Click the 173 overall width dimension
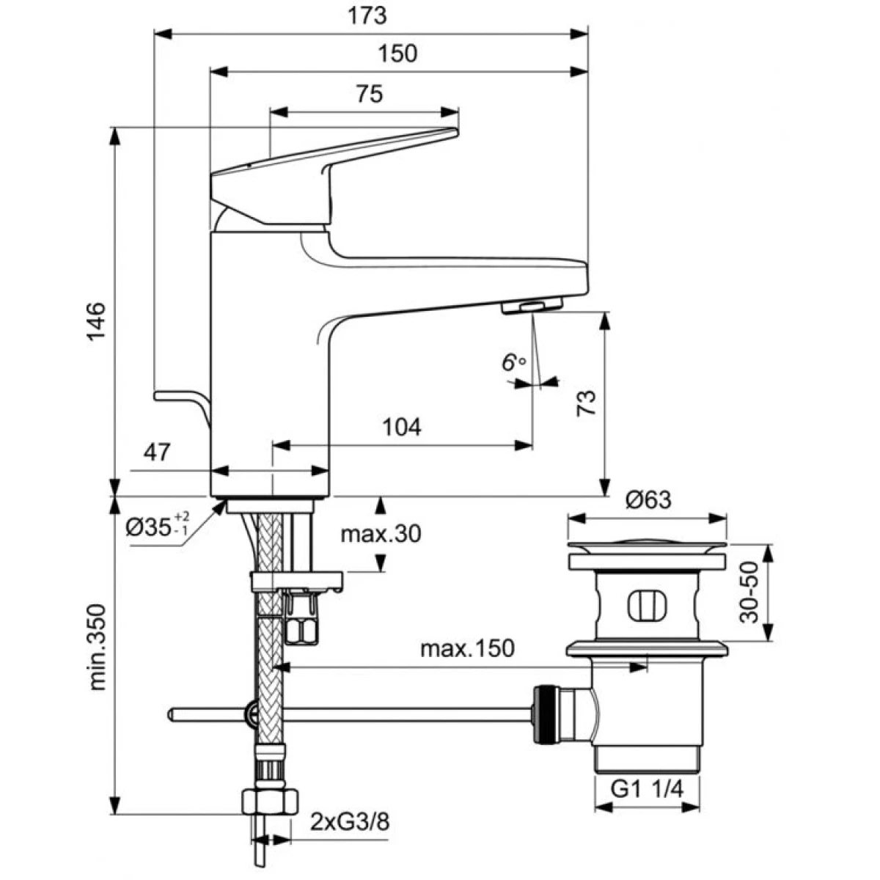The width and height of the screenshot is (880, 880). (x=367, y=16)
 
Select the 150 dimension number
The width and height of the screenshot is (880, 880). (x=397, y=54)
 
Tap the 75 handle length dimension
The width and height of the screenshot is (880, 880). (x=370, y=94)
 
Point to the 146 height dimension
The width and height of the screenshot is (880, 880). (x=96, y=320)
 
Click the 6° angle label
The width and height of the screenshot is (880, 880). (x=513, y=362)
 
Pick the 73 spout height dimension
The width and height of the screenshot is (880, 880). (x=587, y=403)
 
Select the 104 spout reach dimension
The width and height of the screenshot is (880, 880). (x=402, y=428)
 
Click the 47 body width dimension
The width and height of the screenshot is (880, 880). (x=157, y=452)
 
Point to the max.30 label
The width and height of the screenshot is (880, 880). (x=381, y=533)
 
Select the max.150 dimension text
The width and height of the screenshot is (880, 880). (x=467, y=648)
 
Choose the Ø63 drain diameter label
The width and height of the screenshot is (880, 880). (x=648, y=499)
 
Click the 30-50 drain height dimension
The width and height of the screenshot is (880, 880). (x=749, y=593)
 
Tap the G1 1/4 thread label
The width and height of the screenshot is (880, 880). (x=647, y=788)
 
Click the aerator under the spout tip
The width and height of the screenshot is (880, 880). (x=532, y=306)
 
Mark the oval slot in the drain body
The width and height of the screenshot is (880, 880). (x=647, y=606)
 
